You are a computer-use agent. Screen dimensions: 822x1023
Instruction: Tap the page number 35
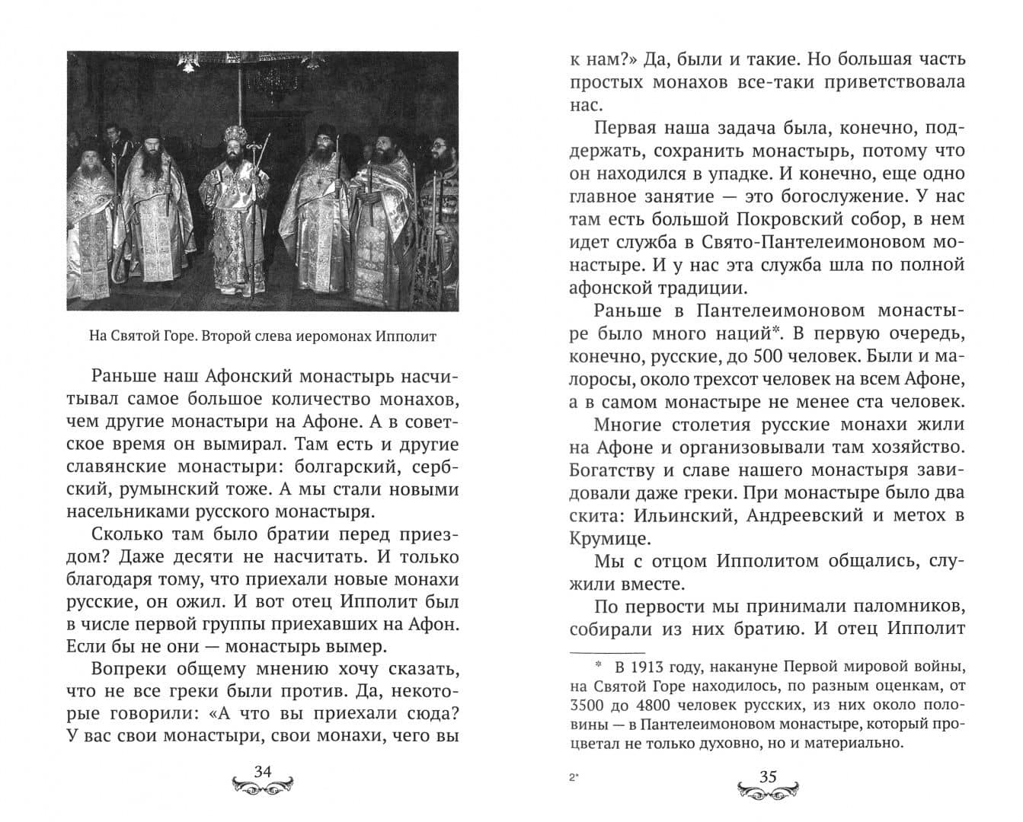pyautogui.click(x=768, y=776)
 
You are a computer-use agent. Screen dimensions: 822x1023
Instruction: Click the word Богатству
pyautogui.click(x=618, y=470)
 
